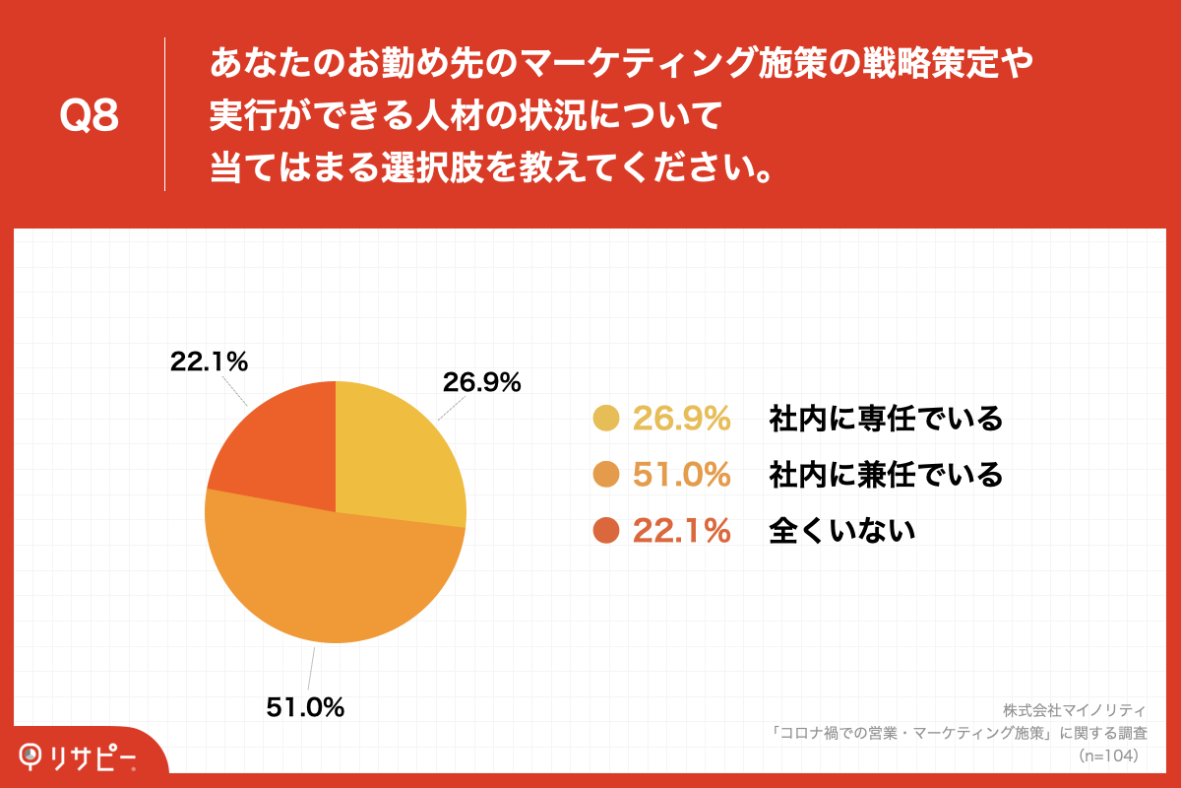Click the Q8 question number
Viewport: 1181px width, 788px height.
[x=89, y=117]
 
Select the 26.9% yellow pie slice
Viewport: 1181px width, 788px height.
[x=394, y=453]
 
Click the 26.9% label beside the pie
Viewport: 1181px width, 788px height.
[x=481, y=383]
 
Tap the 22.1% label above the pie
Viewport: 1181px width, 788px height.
[x=209, y=361]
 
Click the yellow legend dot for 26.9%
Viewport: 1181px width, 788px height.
[x=605, y=419]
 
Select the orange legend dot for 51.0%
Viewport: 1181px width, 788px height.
[x=605, y=475]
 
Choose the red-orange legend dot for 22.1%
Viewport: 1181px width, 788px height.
[x=605, y=531]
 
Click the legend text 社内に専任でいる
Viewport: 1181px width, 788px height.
[x=886, y=419]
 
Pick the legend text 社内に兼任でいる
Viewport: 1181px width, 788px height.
[x=886, y=475]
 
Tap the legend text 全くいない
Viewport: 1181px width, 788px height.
[x=842, y=531]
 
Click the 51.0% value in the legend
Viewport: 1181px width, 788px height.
[x=681, y=475]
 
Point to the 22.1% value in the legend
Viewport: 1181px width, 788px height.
[x=681, y=531]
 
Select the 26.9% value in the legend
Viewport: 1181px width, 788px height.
[x=681, y=419]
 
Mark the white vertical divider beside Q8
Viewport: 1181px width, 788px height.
[x=164, y=114]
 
